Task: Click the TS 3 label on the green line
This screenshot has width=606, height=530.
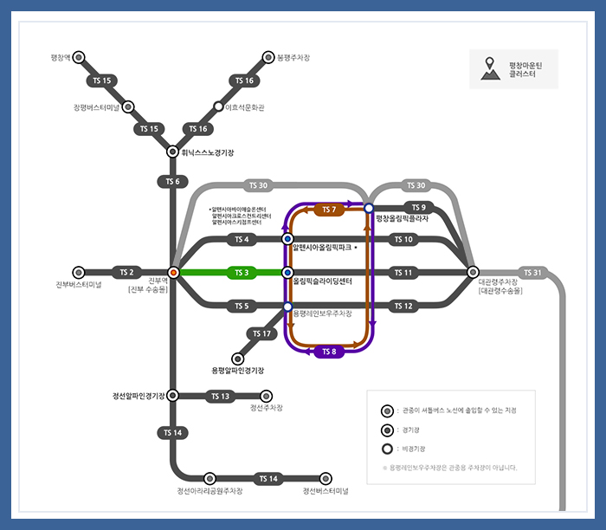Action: [x=242, y=273]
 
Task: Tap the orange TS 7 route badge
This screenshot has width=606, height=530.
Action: [x=330, y=210]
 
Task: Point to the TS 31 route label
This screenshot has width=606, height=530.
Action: [x=533, y=273]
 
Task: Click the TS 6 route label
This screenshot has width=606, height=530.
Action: [x=172, y=181]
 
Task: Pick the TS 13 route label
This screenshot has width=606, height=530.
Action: [x=220, y=397]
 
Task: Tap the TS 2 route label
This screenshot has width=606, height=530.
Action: [x=126, y=273]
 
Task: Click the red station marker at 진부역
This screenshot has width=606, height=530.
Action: [x=173, y=273]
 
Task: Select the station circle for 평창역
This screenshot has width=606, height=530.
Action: [x=79, y=57]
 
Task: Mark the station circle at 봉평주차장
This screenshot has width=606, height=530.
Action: [x=268, y=57]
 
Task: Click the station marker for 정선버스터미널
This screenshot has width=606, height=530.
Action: [x=326, y=478]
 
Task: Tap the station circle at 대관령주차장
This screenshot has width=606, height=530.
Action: [x=473, y=273]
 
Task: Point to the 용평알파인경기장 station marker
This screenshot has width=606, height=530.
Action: [x=238, y=358]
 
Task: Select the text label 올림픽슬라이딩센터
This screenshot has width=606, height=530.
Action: [x=322, y=282]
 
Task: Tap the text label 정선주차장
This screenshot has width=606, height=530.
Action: [x=267, y=407]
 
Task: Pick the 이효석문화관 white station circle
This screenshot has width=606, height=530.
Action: [x=219, y=107]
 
